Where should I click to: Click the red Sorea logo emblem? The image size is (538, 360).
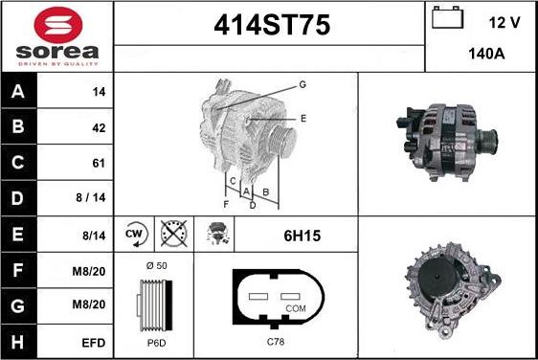point(58,25)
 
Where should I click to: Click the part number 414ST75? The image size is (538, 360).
point(272,25)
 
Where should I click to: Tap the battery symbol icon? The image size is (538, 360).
point(447,17)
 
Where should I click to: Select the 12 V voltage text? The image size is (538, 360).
point(504,23)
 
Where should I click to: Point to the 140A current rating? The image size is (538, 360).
point(486,54)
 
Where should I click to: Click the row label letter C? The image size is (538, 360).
point(18,163)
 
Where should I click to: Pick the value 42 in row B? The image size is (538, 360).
point(99,128)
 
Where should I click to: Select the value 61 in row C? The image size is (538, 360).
point(99,163)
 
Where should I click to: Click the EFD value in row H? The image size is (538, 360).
point(93,343)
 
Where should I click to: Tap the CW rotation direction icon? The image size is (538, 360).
point(136,234)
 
